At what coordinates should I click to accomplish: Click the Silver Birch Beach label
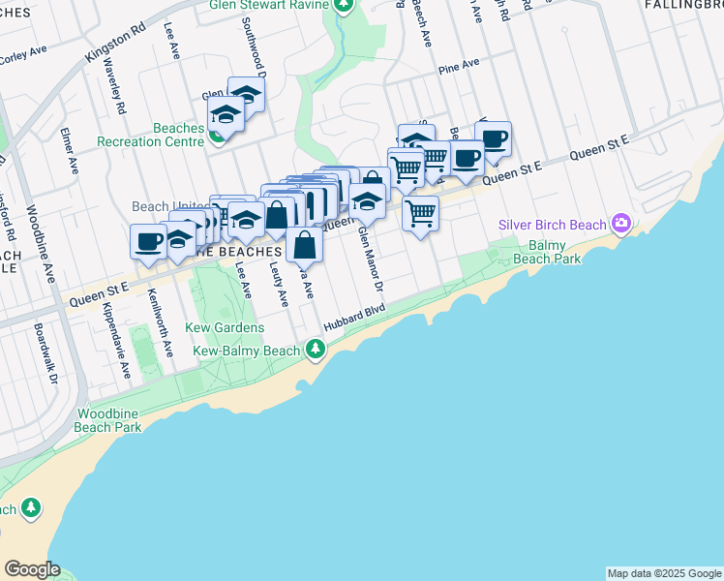[552, 226]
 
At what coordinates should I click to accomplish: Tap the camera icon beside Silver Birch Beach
[620, 225]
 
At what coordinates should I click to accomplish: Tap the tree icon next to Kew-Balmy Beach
[315, 349]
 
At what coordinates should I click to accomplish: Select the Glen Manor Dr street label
[371, 259]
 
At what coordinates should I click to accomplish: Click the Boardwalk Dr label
[41, 350]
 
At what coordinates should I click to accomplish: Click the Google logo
[31, 569]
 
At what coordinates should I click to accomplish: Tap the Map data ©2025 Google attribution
[664, 573]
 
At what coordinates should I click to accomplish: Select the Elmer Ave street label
[70, 151]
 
